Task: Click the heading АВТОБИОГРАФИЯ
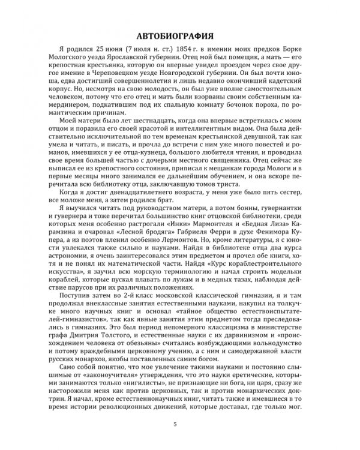(x=180, y=32)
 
